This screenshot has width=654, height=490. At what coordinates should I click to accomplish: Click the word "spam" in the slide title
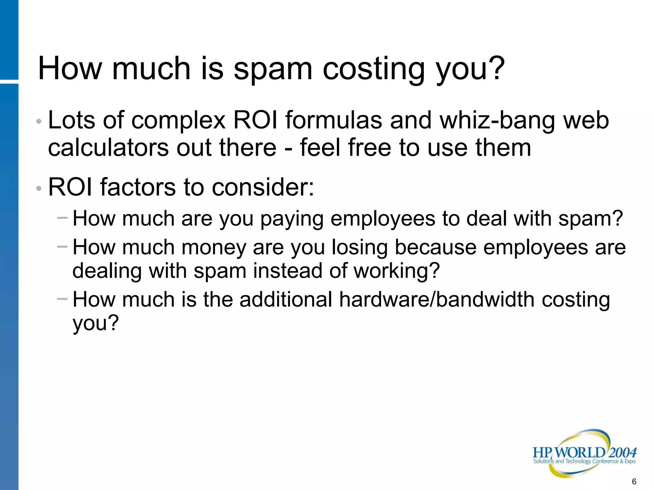273,69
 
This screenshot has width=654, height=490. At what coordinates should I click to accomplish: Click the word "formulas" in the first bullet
333,121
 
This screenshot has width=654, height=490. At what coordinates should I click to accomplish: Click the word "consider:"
263,187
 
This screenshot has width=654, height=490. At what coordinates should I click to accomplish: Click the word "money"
214,248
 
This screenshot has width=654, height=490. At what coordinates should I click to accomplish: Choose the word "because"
436,248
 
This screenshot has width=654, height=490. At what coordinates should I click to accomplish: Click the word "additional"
286,300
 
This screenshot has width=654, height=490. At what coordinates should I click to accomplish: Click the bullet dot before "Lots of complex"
39,122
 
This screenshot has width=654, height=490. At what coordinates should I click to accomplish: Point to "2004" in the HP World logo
622,452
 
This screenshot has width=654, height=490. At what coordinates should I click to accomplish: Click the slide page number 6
634,481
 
